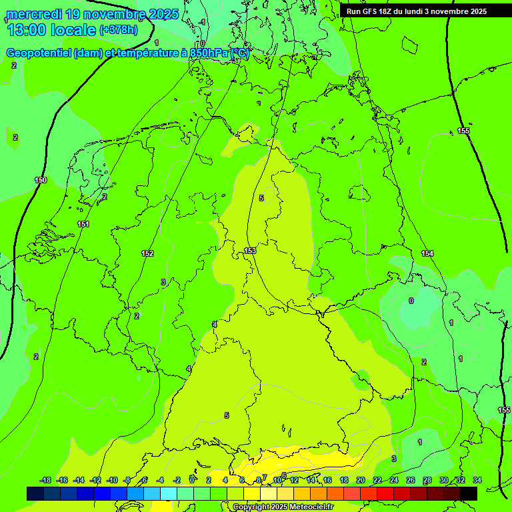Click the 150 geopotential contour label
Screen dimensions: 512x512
click(41, 181)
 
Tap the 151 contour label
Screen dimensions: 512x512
click(83, 224)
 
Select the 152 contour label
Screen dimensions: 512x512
click(147, 253)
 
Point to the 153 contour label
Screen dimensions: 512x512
click(250, 251)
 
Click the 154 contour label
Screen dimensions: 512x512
click(427, 253)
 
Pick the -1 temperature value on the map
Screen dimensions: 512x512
click(202, 22)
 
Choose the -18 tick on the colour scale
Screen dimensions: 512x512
click(45, 480)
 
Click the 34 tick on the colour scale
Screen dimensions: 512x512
click(477, 480)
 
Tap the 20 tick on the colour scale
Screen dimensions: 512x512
click(361, 480)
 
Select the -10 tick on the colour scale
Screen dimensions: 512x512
click(112, 480)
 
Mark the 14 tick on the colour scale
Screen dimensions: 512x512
click(311, 480)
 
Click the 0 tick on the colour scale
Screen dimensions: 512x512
click(192, 480)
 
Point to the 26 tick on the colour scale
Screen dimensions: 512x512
click(410, 480)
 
